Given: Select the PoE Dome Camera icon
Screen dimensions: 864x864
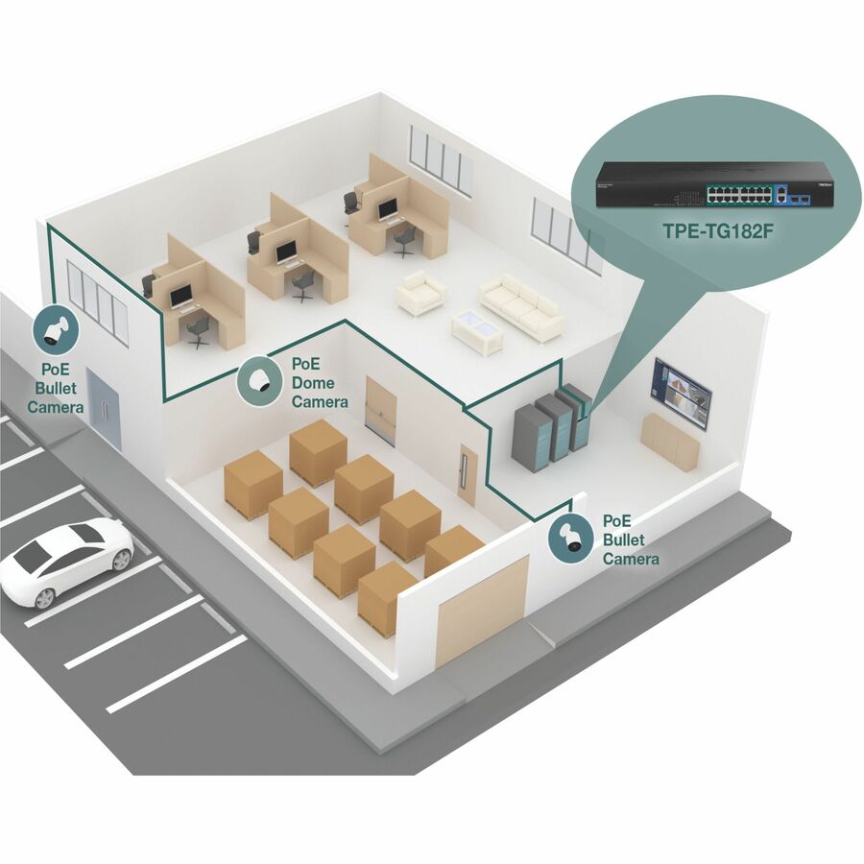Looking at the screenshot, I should (x=259, y=381).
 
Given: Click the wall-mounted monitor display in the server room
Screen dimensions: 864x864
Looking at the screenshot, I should (x=682, y=392).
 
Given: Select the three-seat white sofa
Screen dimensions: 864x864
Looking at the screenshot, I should (x=521, y=306).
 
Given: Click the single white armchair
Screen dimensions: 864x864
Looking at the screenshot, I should (x=420, y=293).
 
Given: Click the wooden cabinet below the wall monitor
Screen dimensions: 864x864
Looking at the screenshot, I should (x=670, y=443).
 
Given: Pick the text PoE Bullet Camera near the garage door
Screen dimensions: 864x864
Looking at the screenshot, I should (x=630, y=539).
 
